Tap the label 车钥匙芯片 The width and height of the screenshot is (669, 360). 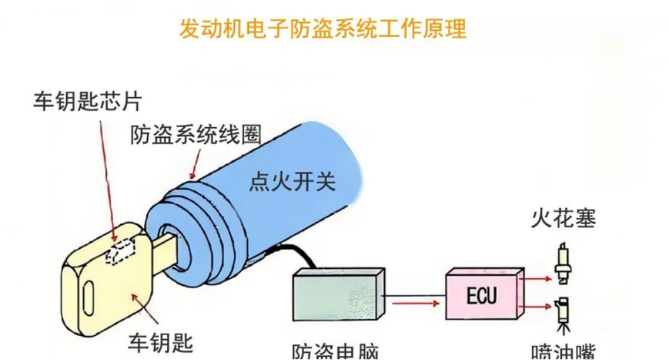(88, 102)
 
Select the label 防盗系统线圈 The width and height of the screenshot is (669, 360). (195, 135)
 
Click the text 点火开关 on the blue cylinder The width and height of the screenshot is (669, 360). (292, 181)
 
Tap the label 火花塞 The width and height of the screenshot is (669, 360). (563, 219)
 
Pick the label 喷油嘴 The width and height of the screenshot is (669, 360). (563, 352)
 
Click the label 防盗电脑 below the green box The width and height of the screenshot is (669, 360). (334, 352)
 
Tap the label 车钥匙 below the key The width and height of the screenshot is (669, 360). (161, 343)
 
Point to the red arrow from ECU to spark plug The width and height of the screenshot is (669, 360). (537, 275)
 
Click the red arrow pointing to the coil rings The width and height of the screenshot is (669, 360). (195, 163)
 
